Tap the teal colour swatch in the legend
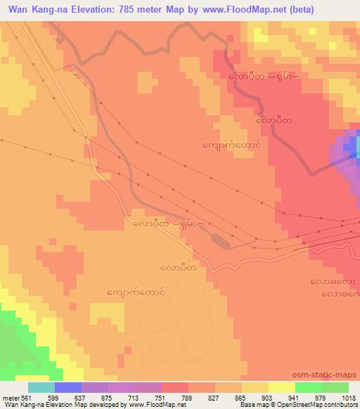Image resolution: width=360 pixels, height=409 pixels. pos(41,388)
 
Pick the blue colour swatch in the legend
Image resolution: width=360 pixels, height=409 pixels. pos(68,388)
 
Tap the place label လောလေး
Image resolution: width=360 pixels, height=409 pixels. pos(334,282)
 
